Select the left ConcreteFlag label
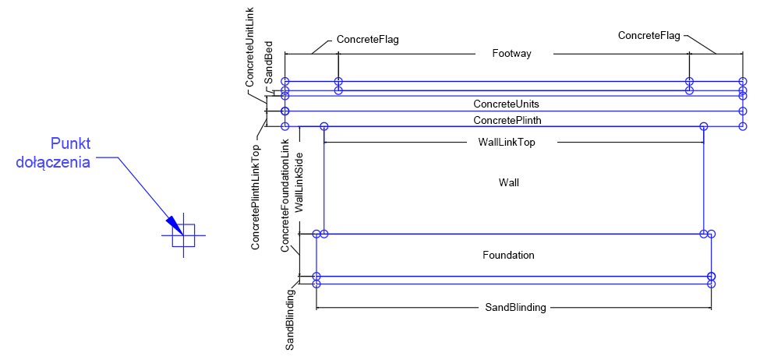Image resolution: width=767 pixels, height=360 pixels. tap(367, 39)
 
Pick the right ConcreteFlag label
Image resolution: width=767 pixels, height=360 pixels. tap(649, 35)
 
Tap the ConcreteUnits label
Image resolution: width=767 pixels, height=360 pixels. tap(506, 104)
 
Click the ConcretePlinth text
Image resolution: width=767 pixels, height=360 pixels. tap(507, 120)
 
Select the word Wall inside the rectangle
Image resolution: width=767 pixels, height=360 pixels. tap(508, 182)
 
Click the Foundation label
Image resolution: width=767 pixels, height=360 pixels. tap(508, 255)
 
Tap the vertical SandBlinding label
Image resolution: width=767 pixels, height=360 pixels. tap(290, 319)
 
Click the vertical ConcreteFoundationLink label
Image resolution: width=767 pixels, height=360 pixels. tap(285, 195)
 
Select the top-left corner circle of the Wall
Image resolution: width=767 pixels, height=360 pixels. tap(324, 126)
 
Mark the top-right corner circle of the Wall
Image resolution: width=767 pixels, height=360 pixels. tap(703, 126)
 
